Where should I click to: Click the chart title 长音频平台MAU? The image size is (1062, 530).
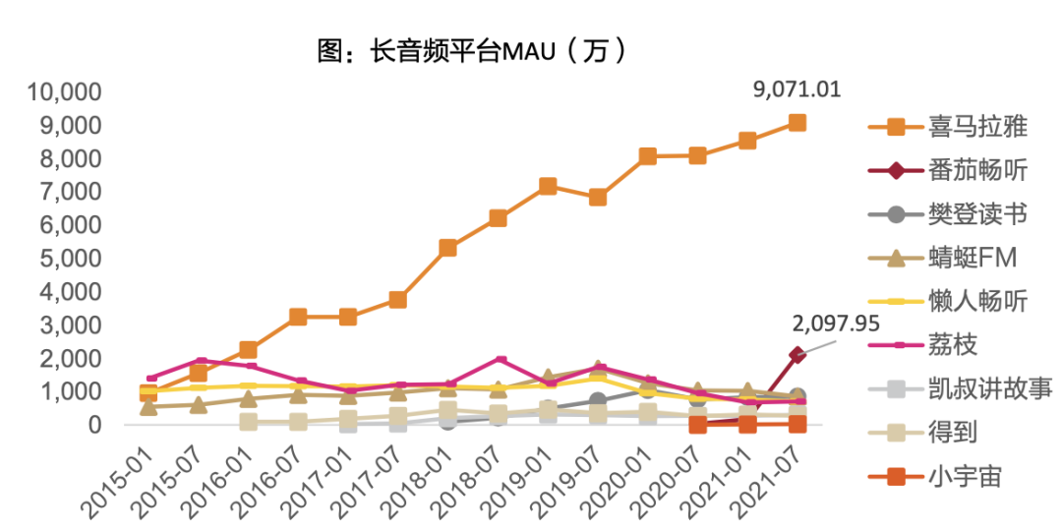(x=471, y=50)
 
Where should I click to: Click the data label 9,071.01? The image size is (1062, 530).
(x=796, y=90)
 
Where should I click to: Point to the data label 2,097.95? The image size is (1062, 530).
(x=836, y=323)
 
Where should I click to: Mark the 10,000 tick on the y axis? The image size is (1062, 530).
(x=65, y=92)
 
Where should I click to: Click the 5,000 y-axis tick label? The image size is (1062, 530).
(x=72, y=259)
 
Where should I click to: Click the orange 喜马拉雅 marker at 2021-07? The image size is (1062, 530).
(x=796, y=123)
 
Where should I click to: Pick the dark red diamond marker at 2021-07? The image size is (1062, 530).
(x=796, y=355)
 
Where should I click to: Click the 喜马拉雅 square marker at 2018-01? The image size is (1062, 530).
(x=447, y=248)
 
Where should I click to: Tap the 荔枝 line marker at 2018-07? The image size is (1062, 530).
(x=500, y=360)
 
